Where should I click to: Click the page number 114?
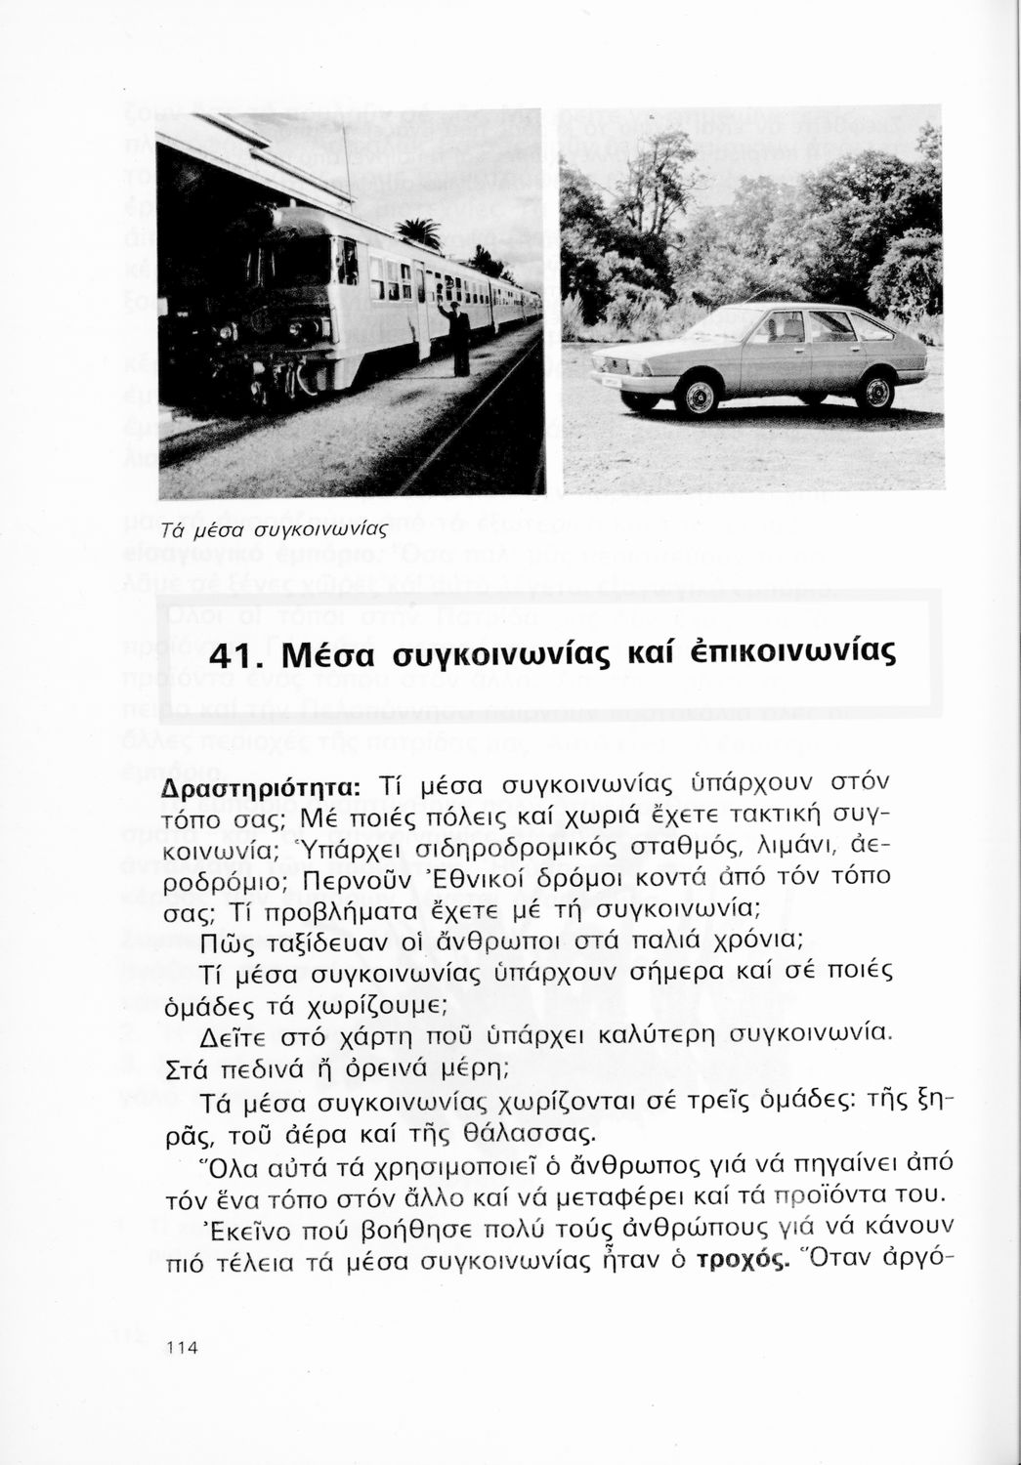click(183, 1348)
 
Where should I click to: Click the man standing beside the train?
click(457, 337)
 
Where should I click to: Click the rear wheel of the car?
click(874, 391)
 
